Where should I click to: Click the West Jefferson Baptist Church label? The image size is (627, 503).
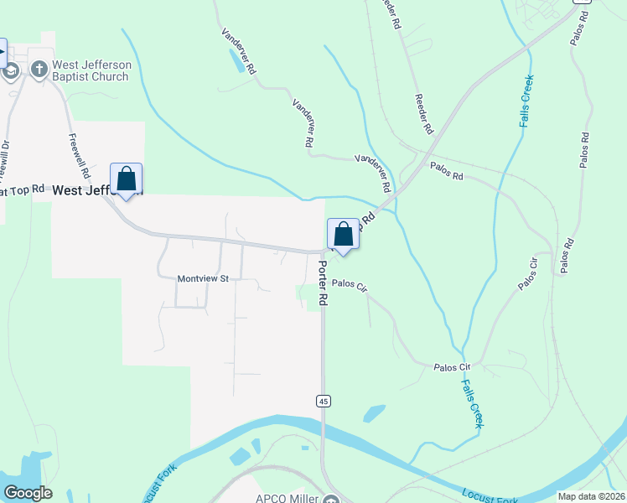point(91,70)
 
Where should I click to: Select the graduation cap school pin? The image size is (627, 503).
point(10,70)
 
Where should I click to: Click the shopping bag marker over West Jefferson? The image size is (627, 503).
point(126,179)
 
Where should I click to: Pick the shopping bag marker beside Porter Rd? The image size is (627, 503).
point(343,233)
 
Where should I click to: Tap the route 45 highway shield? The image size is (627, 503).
point(323,402)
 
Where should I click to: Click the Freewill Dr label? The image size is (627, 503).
point(5,159)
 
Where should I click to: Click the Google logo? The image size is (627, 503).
point(28,493)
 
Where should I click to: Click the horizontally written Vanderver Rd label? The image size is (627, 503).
point(373,158)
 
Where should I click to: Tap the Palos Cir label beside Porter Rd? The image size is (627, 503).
point(350,286)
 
